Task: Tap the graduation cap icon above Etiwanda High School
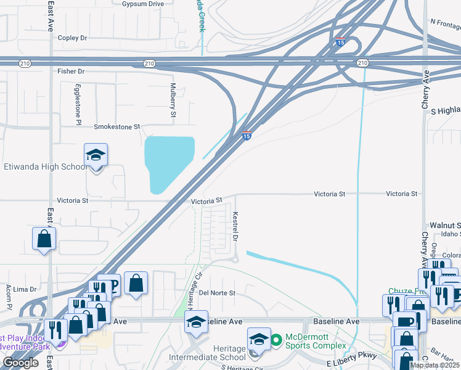coord(96,155)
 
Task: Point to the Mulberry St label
coord(173,100)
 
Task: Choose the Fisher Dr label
coord(71,72)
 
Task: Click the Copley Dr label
coord(73,38)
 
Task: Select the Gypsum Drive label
coord(143,4)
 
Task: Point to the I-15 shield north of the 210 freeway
coord(341,42)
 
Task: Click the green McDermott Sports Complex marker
coord(277,339)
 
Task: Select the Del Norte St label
coord(218,293)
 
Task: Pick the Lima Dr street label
coord(25,289)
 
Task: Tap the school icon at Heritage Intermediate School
coord(259,340)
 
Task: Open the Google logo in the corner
coord(20,363)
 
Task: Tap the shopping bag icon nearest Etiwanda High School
coord(44,239)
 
